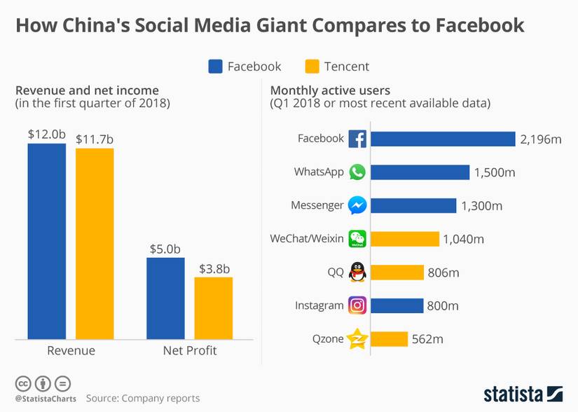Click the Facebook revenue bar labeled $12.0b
click(47, 241)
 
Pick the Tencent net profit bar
click(213, 308)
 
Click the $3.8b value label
click(214, 268)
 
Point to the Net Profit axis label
click(190, 350)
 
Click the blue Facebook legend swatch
click(215, 67)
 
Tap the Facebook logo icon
click(357, 139)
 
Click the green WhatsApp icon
click(357, 172)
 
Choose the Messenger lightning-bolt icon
click(357, 206)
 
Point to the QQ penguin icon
click(357, 272)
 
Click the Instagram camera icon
click(357, 305)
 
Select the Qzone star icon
click(357, 339)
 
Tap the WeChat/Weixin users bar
click(404, 239)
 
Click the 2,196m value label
click(541, 139)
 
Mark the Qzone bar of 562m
click(389, 339)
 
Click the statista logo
click(523, 394)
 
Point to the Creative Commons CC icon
click(23, 383)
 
